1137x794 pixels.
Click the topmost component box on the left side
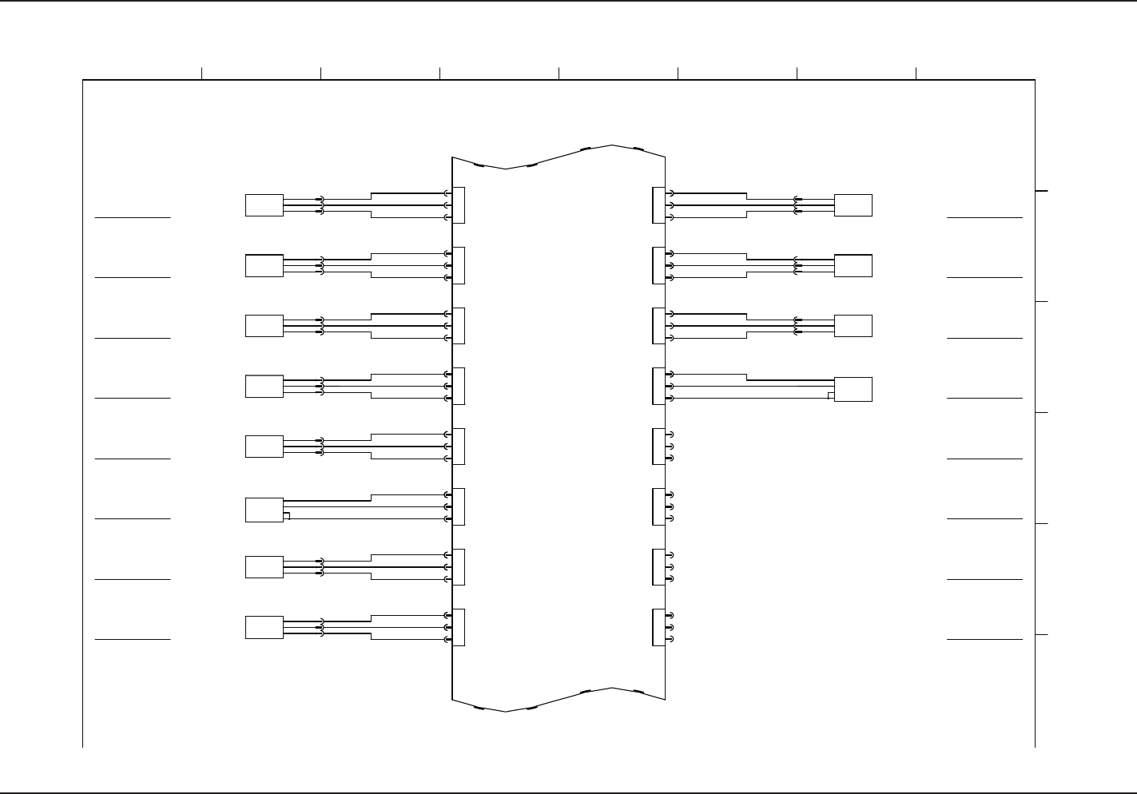264,205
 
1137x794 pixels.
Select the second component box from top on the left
264,266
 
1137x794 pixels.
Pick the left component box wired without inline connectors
264,510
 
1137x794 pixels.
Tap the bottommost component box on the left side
264,627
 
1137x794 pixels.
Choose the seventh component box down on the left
264,567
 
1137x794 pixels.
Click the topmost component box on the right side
853,205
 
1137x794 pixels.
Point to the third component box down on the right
853,326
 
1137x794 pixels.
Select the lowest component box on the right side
853,389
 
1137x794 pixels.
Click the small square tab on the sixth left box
287,516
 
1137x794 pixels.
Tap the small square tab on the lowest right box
831,395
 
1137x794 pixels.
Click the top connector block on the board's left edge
459,205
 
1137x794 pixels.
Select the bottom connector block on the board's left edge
459,627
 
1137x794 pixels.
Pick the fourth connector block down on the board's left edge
459,386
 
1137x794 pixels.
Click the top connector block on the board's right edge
658,205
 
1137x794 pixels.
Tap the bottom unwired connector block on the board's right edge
658,627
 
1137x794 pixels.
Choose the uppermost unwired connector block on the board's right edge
658,447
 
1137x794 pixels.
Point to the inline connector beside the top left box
320,205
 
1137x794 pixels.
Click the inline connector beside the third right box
797,326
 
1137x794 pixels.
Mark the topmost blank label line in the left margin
133,217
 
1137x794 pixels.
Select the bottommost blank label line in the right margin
984,639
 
